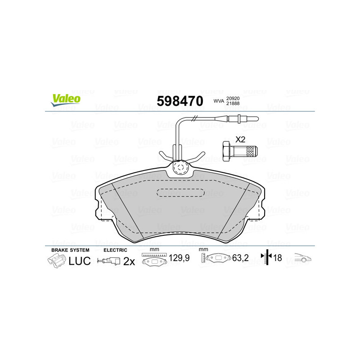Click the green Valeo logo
point(66,100)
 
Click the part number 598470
point(180,101)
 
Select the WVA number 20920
point(233,98)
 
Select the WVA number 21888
point(233,103)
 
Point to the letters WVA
point(219,101)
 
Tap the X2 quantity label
point(240,139)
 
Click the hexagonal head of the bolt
point(226,152)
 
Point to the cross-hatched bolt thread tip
point(252,151)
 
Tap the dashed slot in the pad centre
point(181,193)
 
